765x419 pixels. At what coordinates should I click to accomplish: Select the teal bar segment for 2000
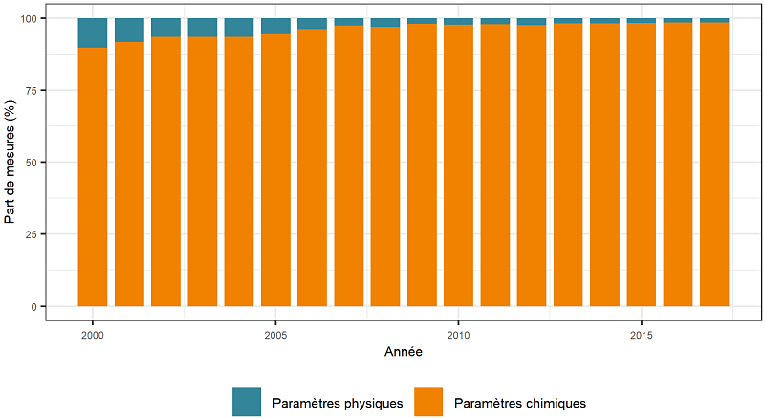pyautogui.click(x=93, y=33)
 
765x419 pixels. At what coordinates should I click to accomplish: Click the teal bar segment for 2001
pyautogui.click(x=129, y=30)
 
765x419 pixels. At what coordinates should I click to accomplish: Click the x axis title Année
pyautogui.click(x=404, y=353)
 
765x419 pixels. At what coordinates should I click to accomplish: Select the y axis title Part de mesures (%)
pyautogui.click(x=11, y=163)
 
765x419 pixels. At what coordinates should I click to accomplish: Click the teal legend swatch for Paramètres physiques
pyautogui.click(x=247, y=403)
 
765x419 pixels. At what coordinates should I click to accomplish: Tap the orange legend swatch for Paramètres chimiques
pyautogui.click(x=428, y=403)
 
